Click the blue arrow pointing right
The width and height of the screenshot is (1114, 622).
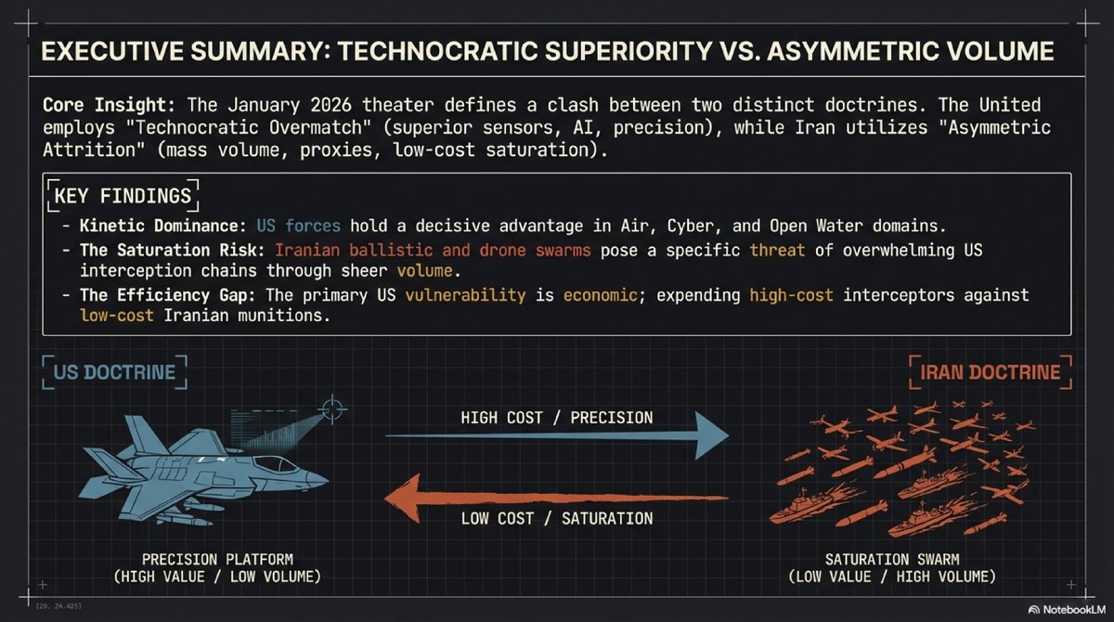click(557, 436)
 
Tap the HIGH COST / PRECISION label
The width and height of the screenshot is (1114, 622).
click(557, 418)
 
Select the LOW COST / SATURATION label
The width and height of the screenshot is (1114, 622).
click(557, 518)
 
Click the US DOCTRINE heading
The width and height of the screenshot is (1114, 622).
click(114, 373)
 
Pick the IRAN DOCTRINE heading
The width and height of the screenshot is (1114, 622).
click(991, 373)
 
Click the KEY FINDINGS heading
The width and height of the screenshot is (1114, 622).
click(123, 196)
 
